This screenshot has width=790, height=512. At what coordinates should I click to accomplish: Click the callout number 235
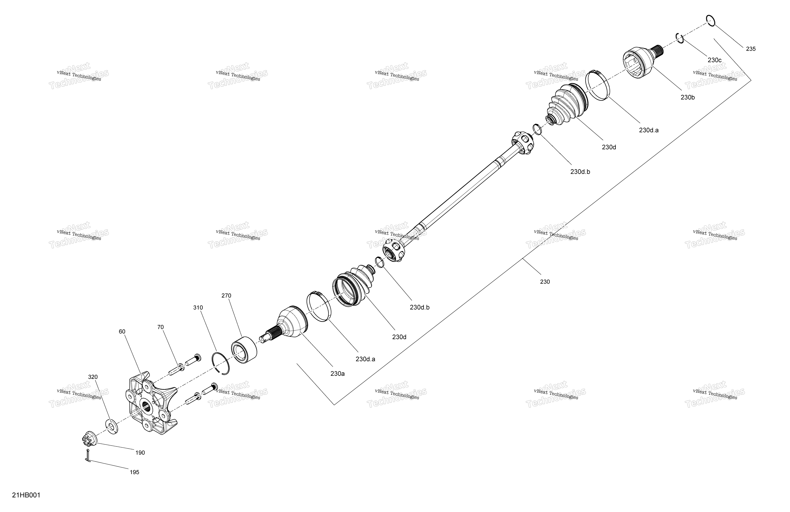click(x=751, y=49)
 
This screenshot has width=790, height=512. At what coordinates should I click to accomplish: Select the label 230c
click(x=714, y=60)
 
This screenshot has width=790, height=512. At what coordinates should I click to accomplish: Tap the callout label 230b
click(x=687, y=97)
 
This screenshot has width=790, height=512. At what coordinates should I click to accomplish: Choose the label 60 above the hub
click(x=122, y=332)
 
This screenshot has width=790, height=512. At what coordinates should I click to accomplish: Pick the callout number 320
click(x=93, y=377)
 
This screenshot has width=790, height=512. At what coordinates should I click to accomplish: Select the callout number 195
click(x=134, y=472)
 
